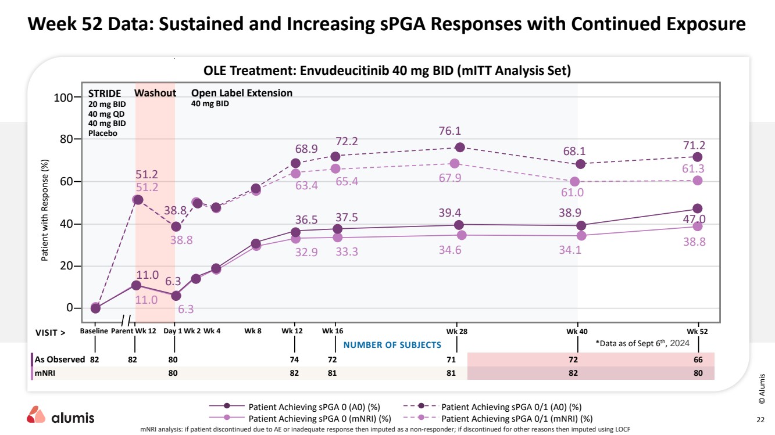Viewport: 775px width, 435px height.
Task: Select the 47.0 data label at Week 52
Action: click(x=694, y=218)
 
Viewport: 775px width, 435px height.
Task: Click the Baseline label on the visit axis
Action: click(x=94, y=331)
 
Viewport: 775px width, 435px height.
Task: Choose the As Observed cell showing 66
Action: click(x=698, y=359)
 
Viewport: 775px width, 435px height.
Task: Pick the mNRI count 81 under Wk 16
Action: click(x=332, y=373)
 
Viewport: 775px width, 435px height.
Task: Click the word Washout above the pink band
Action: click(x=155, y=93)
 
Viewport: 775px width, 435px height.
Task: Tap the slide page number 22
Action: click(x=760, y=419)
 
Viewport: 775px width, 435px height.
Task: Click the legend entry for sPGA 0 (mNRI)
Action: click(x=300, y=418)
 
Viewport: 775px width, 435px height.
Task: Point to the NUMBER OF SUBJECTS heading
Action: click(x=392, y=345)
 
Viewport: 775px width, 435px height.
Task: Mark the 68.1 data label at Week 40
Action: click(x=574, y=152)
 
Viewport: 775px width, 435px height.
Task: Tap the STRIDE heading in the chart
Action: click(x=104, y=93)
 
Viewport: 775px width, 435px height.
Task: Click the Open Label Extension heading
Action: click(x=242, y=93)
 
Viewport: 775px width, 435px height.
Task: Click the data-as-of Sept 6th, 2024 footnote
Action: click(x=642, y=343)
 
